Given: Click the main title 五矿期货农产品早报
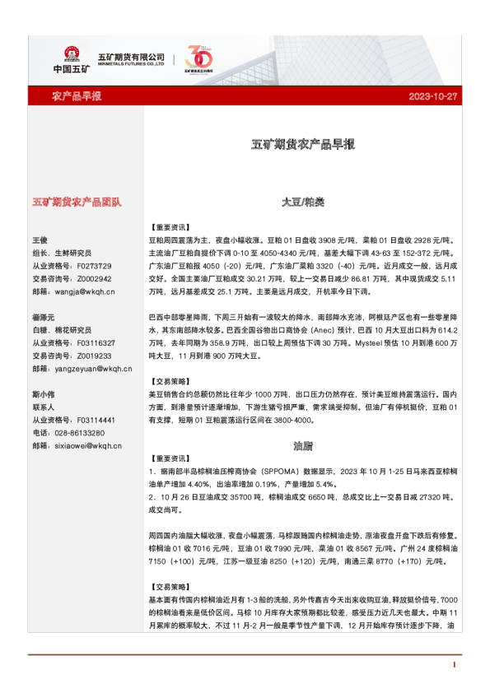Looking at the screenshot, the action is tap(303, 144).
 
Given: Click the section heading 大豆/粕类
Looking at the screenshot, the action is tap(302, 202).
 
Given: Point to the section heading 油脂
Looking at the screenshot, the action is tap(302, 446).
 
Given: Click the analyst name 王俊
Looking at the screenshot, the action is tap(40, 240).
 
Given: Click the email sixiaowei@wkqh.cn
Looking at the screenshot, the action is tap(86, 445).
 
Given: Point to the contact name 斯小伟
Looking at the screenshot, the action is tap(43, 394).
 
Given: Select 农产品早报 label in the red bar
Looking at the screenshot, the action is tap(77, 96).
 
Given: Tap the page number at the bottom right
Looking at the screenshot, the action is tap(454, 663).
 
